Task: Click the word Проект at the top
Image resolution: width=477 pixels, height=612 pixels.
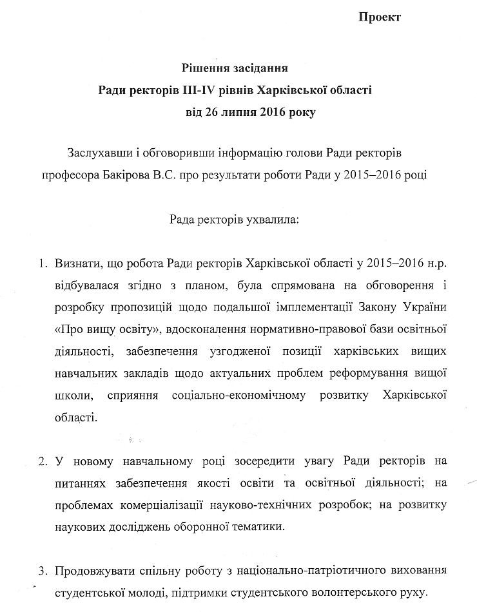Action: click(380, 17)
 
